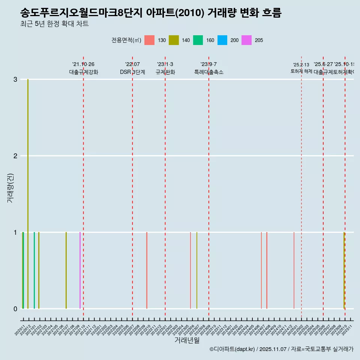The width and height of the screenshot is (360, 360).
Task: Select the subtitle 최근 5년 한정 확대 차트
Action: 55,24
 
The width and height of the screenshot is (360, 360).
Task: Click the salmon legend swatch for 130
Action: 150,40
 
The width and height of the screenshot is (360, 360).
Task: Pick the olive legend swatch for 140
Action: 174,40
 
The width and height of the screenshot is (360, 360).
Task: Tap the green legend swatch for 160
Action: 198,40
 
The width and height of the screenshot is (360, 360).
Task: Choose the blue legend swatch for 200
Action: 222,40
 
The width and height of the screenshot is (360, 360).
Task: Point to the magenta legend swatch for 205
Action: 246,40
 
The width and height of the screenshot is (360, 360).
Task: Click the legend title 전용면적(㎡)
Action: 126,40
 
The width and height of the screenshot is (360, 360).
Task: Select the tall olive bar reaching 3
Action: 28,187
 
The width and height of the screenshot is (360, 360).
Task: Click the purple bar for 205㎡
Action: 80,270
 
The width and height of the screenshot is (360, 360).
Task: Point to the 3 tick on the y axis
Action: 15,79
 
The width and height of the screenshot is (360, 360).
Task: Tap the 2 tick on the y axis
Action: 15,156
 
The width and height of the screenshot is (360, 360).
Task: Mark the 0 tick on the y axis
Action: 15,309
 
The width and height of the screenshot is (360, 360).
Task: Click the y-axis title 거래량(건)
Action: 10,187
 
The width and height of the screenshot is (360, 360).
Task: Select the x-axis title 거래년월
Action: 187,340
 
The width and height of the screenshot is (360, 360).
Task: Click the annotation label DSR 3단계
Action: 132,72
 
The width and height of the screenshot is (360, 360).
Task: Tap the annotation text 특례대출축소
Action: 208,72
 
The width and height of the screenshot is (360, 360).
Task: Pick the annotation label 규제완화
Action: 165,72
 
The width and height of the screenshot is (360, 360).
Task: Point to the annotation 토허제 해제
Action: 301,71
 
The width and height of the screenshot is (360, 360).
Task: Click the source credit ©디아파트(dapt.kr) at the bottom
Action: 281,349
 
